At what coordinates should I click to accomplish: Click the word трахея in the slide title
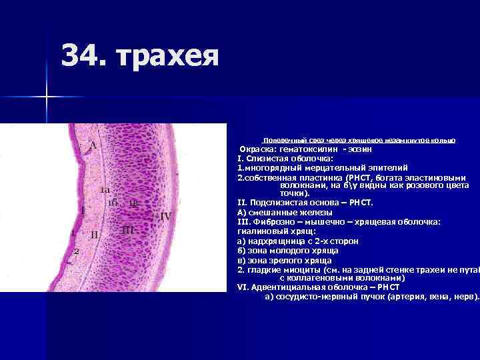(x=167, y=57)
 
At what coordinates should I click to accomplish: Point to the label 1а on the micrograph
(x=105, y=190)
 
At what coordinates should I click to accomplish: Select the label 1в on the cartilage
(x=133, y=204)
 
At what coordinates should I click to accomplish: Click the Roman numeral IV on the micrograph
(x=166, y=216)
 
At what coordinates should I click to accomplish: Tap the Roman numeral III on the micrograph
(x=129, y=229)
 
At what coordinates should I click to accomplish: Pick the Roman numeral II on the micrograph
(x=95, y=234)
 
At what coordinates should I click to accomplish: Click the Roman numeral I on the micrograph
(x=83, y=210)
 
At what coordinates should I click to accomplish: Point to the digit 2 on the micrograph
(x=77, y=251)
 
